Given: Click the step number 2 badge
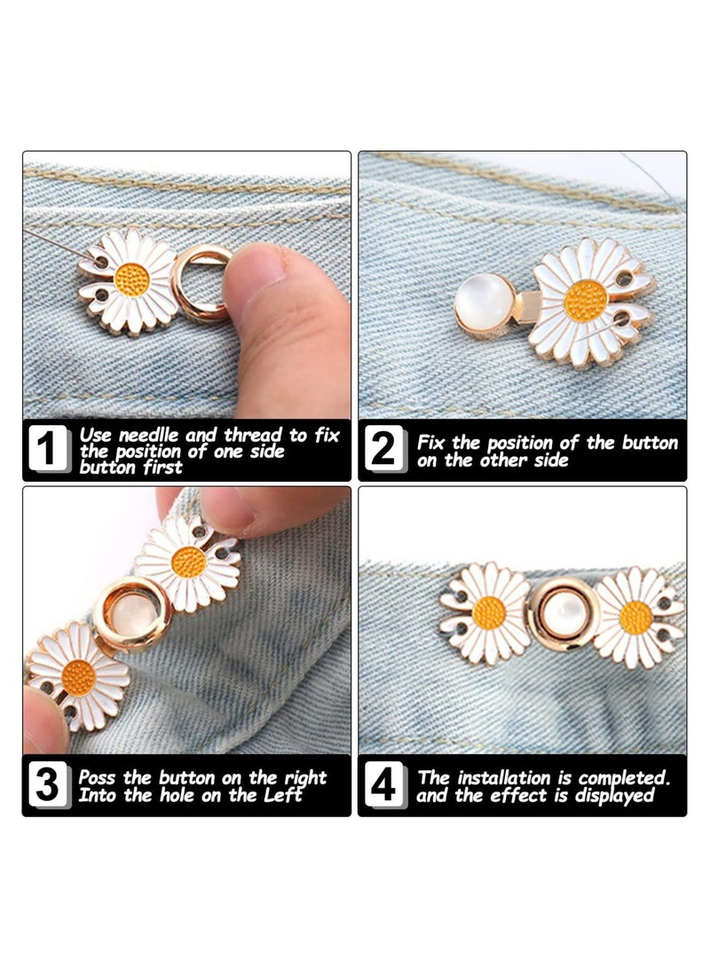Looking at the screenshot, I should click(x=383, y=450).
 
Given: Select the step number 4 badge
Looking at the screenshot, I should click(x=383, y=786).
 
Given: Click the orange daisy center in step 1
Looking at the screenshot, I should click(x=131, y=280).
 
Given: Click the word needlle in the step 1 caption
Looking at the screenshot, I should click(x=147, y=436).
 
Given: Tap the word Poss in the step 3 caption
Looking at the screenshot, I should click(x=98, y=777).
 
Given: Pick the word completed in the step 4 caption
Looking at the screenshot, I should click(x=624, y=777).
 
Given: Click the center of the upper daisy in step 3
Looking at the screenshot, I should click(x=188, y=562).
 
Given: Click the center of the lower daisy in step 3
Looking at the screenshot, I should click(x=79, y=678).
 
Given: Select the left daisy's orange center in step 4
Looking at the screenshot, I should click(x=489, y=612).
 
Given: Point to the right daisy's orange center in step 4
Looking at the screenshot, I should click(x=635, y=617).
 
